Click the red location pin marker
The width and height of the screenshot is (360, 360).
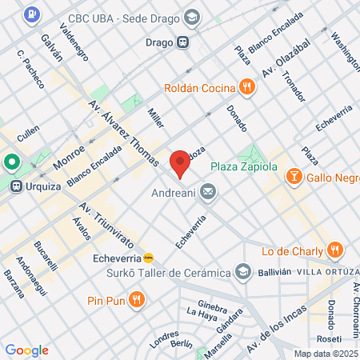pos(180,164)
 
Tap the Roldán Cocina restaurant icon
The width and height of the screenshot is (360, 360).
pos(247,88)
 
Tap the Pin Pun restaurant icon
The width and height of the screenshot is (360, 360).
pos(137,301)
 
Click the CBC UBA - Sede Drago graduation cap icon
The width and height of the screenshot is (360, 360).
pos(192,17)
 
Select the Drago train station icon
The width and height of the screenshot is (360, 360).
pos(184,42)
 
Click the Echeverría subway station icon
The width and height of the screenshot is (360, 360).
pos(147,257)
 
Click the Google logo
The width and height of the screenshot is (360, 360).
pos(26,350)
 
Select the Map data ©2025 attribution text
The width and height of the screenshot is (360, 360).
pos(323,354)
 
